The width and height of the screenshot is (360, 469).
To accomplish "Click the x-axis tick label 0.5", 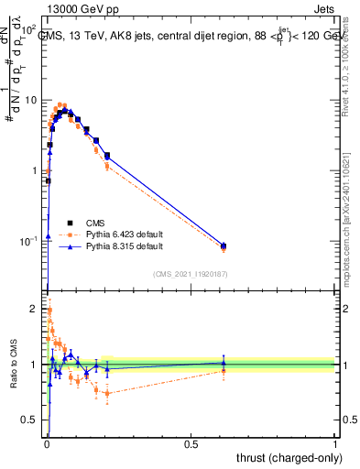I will tap(191, 444).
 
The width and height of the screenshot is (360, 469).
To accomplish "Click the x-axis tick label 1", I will tap(335, 444).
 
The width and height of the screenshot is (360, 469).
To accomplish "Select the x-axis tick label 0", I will tap(47, 444).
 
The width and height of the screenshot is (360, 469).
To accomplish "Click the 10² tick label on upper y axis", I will tap(29, 30).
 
